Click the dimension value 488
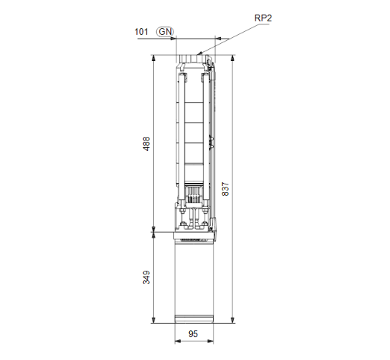pyautogui.click(x=147, y=144)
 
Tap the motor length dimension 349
pyautogui.click(x=147, y=277)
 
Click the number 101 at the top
pyautogui.click(x=140, y=32)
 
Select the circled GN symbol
pyautogui.click(x=164, y=32)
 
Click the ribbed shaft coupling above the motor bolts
pyautogui.click(x=194, y=196)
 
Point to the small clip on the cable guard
pyautogui.click(x=214, y=139)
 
